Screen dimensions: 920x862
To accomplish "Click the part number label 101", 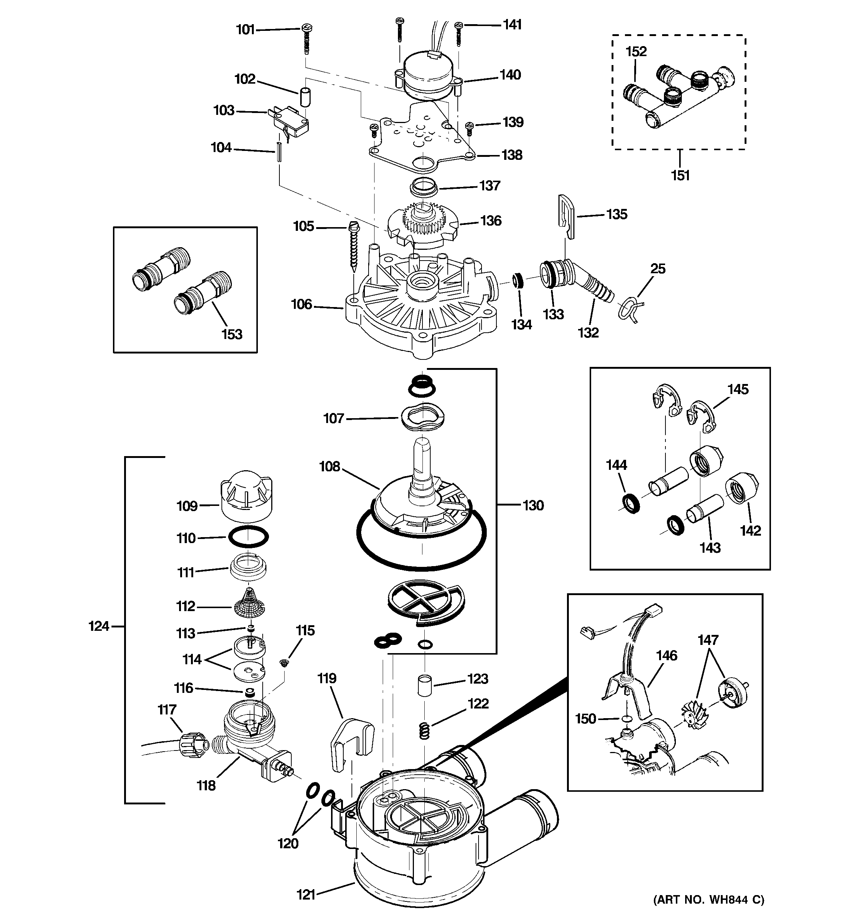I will [x=245, y=30].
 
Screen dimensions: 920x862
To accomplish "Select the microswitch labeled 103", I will [x=290, y=122].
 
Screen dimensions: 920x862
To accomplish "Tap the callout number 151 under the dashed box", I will [x=680, y=176].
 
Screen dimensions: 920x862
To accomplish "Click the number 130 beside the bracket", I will [x=533, y=506].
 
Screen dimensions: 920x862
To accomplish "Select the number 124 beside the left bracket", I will [x=98, y=627].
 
